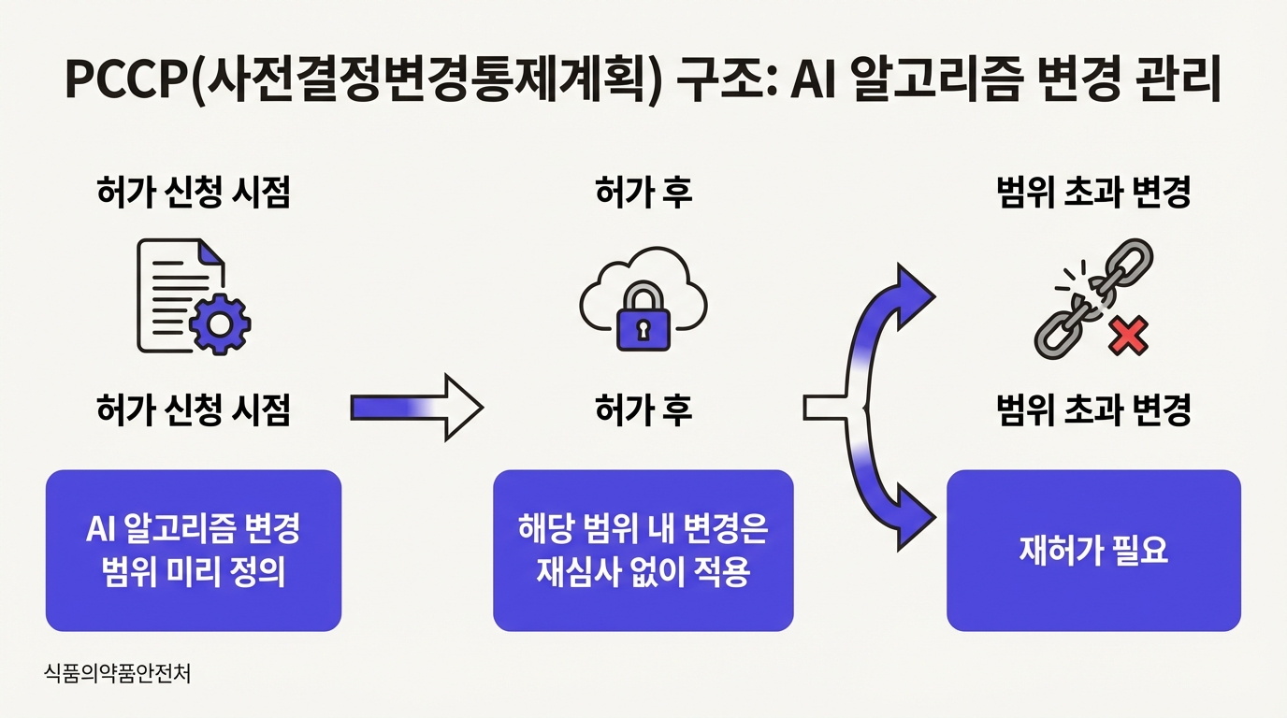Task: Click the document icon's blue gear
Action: tap(220, 323)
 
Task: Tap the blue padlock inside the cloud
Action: tap(643, 321)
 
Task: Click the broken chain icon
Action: tap(1085, 299)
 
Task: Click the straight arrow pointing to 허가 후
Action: tap(415, 408)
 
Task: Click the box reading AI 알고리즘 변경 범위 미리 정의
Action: tap(194, 551)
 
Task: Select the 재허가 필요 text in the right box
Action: tap(1093, 551)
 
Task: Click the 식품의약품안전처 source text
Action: tap(117, 673)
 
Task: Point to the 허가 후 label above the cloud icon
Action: tap(643, 194)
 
